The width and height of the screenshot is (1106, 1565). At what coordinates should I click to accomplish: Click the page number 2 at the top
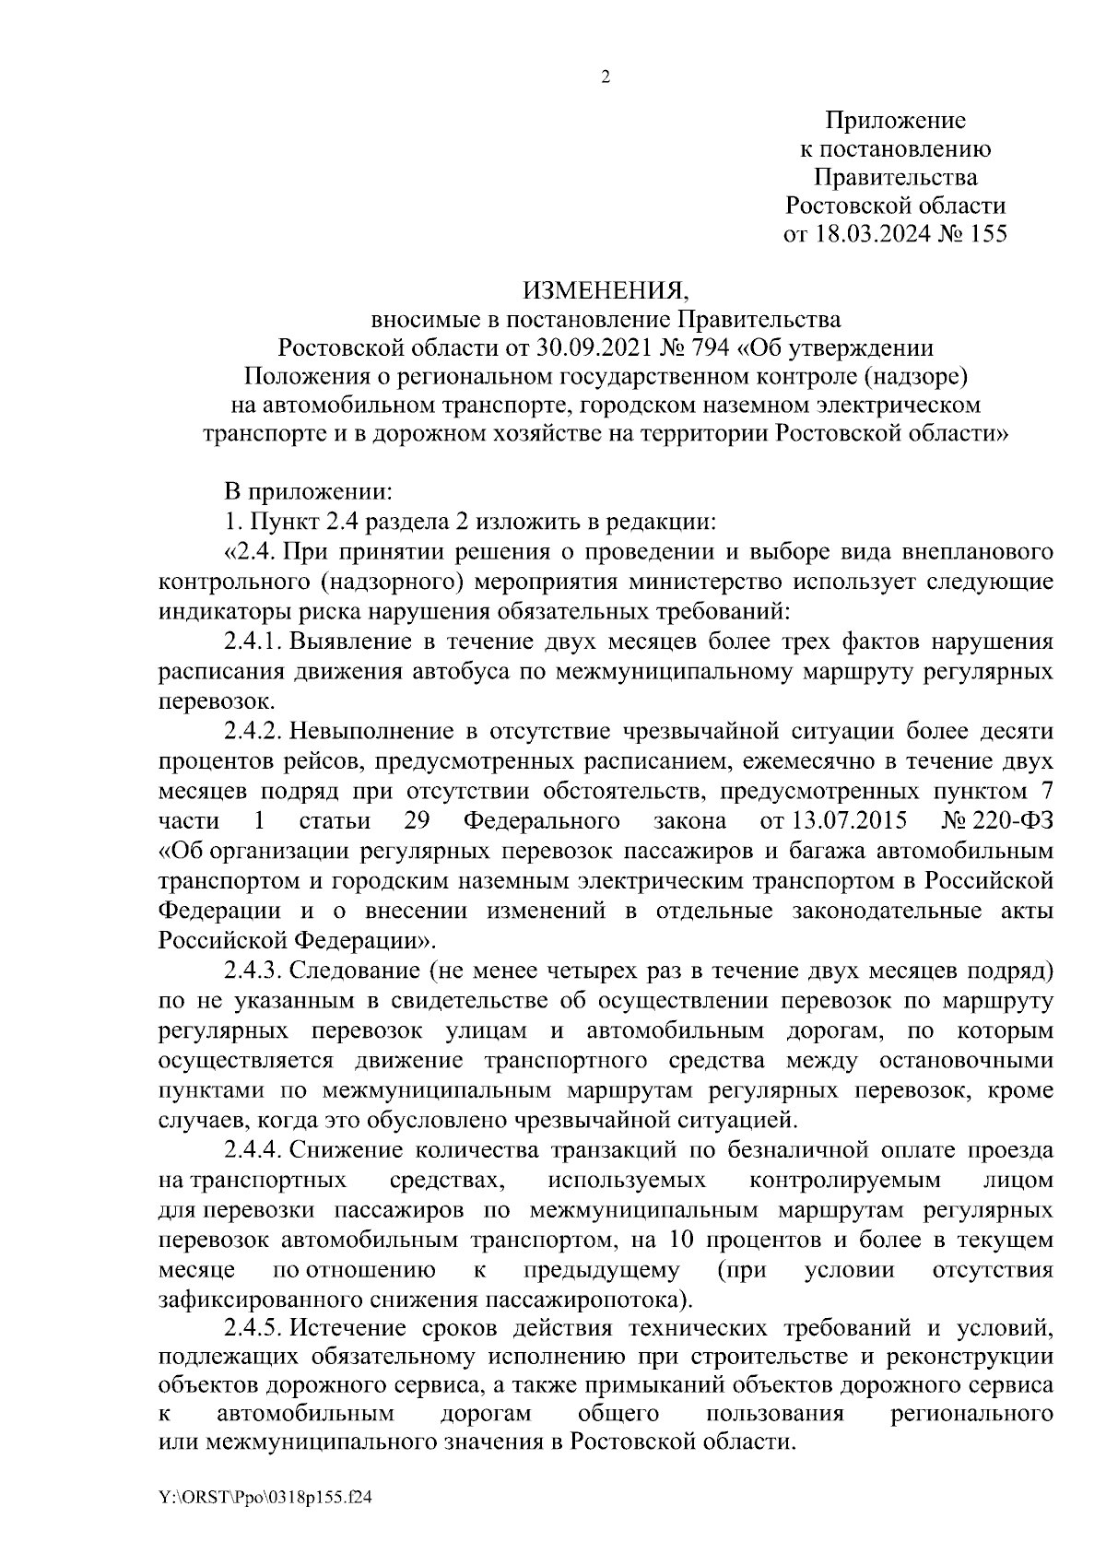click(x=606, y=77)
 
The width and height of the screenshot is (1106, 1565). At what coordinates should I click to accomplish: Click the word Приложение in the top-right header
click(x=895, y=121)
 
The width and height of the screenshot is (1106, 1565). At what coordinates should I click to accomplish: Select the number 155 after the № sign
click(x=988, y=235)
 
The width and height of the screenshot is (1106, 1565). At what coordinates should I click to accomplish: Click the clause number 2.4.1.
click(x=253, y=642)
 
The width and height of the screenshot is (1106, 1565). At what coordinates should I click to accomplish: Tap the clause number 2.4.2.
click(x=253, y=732)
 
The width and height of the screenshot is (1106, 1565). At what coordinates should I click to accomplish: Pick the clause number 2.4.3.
click(x=253, y=971)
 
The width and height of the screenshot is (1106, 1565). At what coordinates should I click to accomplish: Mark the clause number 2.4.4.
click(x=253, y=1151)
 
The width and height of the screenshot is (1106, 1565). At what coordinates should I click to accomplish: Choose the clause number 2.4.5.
click(x=253, y=1330)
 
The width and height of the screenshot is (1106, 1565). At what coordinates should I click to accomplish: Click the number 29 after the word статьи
click(x=417, y=821)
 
